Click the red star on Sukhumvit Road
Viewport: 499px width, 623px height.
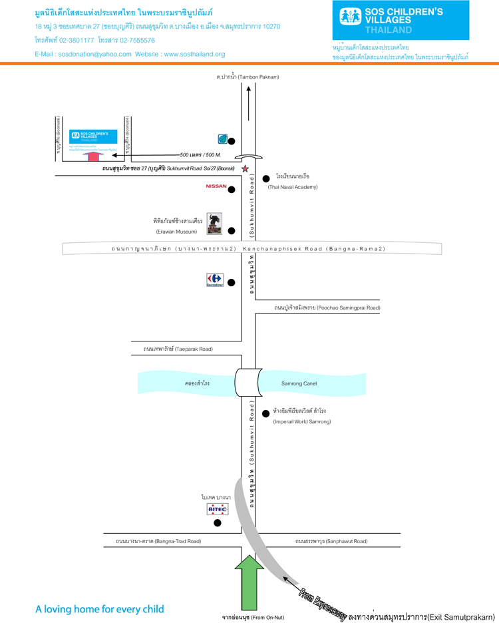(x=245, y=168)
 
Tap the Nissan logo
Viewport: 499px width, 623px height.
(x=216, y=186)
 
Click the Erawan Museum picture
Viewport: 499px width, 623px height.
(x=214, y=224)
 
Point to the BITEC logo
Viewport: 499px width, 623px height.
(x=217, y=509)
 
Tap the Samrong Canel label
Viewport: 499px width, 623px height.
(x=299, y=383)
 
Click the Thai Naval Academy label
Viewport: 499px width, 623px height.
(x=293, y=187)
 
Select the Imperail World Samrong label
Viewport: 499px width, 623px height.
(x=301, y=421)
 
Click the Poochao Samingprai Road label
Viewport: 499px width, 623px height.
(x=327, y=308)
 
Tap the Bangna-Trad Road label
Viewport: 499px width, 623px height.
(x=158, y=541)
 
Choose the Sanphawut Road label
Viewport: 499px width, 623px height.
(x=331, y=541)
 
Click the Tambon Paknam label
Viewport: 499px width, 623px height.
(x=248, y=77)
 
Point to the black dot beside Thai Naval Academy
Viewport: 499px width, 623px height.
(x=266, y=178)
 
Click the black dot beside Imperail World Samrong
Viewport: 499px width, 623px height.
(x=265, y=412)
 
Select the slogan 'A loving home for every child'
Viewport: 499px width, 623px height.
(x=100, y=609)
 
